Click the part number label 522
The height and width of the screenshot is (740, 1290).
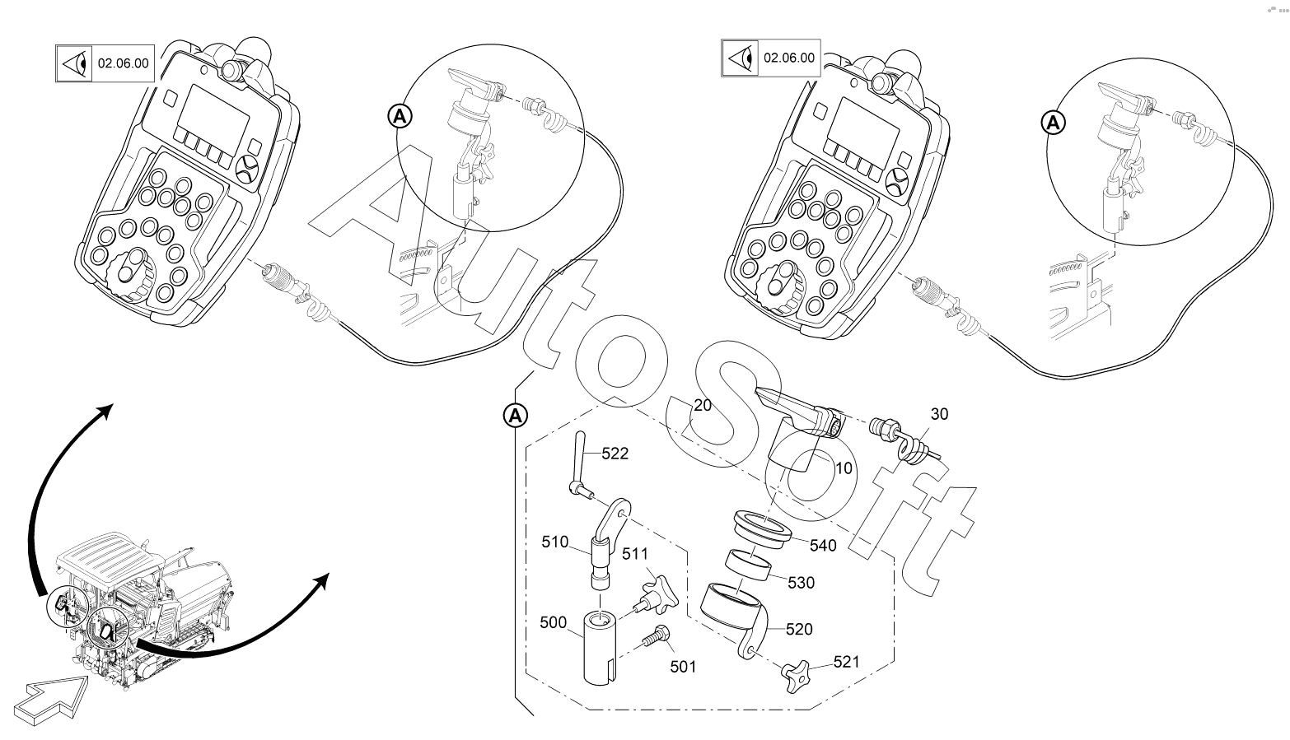pos(615,454)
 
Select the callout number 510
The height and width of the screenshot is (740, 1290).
pos(555,542)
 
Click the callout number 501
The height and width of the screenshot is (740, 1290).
pos(682,666)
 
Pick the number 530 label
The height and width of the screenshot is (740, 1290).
pos(801,583)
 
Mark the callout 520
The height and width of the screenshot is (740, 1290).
pos(799,630)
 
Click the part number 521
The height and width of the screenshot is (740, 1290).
pos(847,661)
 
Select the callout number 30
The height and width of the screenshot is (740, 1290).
pos(939,414)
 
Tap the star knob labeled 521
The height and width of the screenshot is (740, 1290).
pos(797,676)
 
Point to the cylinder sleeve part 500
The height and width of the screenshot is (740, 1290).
pos(603,647)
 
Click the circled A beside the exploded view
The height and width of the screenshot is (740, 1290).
pos(515,417)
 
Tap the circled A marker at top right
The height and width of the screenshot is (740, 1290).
pos(1052,123)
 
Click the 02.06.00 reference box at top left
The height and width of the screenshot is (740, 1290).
pos(124,63)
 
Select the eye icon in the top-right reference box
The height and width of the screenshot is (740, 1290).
pos(741,58)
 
